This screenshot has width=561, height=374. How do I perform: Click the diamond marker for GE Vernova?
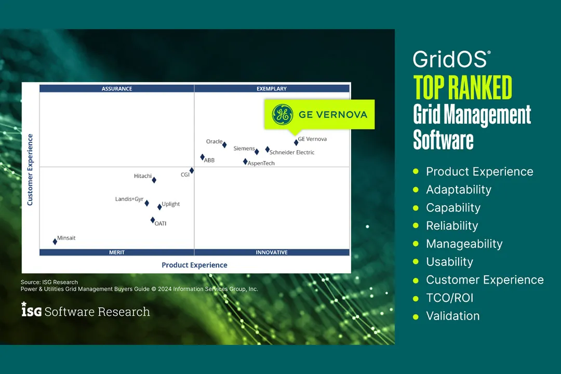[x=296, y=142]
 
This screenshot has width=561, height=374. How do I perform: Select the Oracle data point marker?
[x=224, y=145]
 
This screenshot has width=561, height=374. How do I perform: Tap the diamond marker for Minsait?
[x=55, y=242]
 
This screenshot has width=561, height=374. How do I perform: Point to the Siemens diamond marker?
[x=257, y=152]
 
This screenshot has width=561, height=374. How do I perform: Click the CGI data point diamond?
[x=192, y=170]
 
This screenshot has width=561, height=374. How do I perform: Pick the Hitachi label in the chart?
[x=143, y=176]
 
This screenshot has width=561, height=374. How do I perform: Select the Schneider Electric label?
[x=292, y=153]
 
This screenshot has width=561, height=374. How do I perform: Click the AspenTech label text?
[x=261, y=163]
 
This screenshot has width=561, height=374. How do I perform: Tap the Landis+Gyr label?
[x=129, y=199]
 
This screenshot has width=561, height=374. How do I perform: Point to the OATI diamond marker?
[x=153, y=220]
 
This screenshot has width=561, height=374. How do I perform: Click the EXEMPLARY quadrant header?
[x=272, y=89]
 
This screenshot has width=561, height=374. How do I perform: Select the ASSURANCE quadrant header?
[x=117, y=89]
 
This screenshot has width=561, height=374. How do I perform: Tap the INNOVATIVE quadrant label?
[x=272, y=252]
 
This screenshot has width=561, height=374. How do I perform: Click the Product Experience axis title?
[x=194, y=265]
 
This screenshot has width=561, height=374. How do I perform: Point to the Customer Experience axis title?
[x=30, y=170]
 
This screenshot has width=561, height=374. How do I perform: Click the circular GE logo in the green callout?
[x=283, y=114]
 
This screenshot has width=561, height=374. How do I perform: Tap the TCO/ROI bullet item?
[x=449, y=298]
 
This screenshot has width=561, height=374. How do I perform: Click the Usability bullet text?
[x=449, y=262]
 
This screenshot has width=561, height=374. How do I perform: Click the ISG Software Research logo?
[x=86, y=311]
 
